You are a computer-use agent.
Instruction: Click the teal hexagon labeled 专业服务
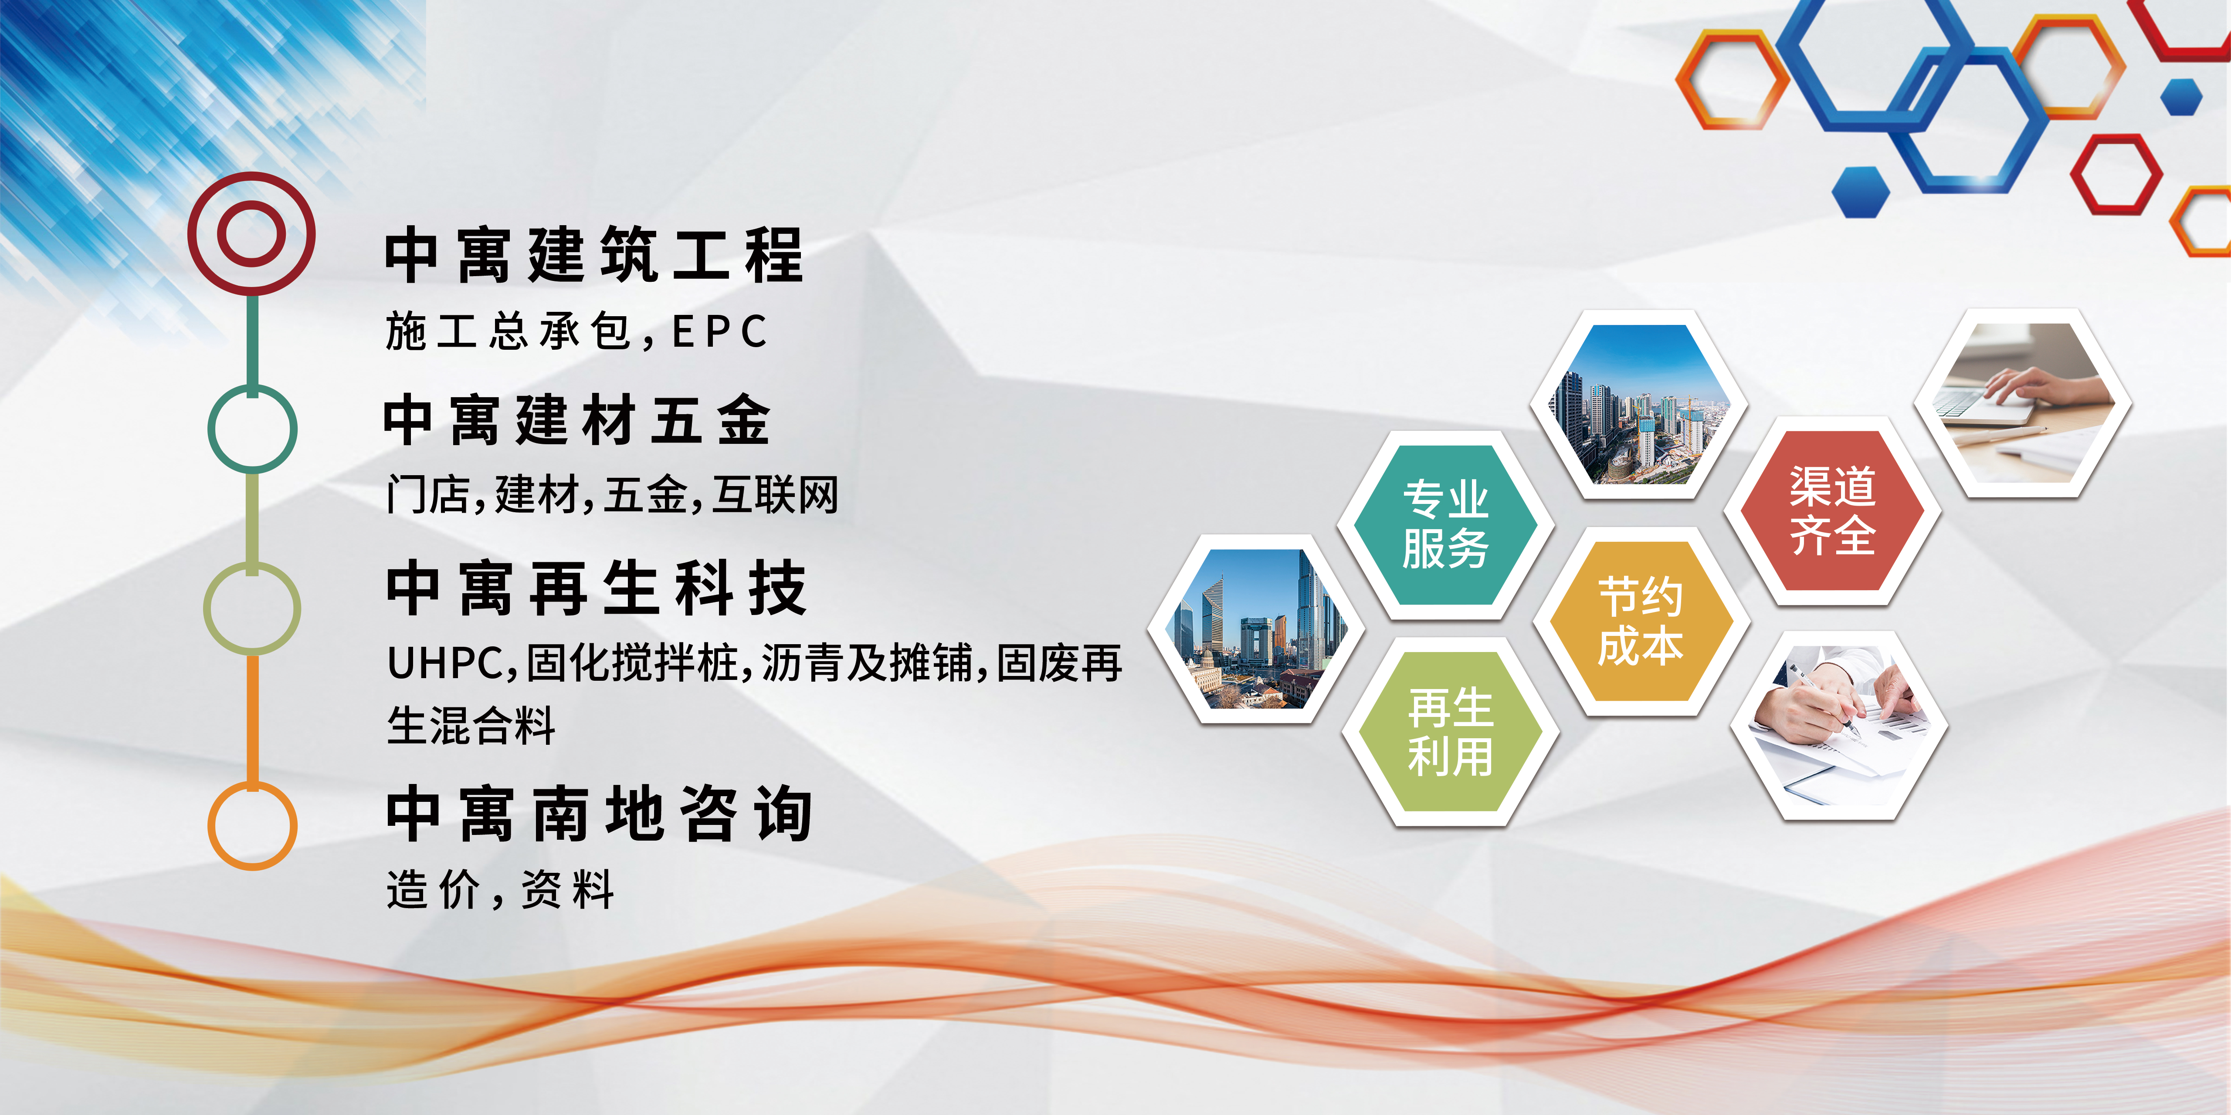pyautogui.click(x=1445, y=524)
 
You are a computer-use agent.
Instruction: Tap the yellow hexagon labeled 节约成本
pyautogui.click(x=1641, y=622)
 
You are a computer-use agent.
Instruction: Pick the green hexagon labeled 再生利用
pyautogui.click(x=1451, y=732)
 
